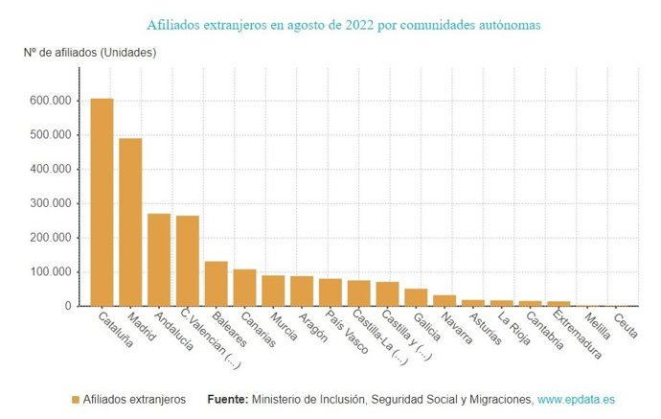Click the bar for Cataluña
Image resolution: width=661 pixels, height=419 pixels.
102,202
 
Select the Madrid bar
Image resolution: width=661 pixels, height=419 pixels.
130,222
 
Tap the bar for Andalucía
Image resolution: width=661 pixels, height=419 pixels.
158,260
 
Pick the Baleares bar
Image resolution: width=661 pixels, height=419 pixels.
216,284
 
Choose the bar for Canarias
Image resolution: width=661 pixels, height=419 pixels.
244,288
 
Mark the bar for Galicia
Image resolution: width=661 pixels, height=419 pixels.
416,297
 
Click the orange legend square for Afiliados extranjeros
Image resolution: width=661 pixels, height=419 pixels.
76,398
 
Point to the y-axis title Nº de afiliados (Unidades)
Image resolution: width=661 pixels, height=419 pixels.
90,52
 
